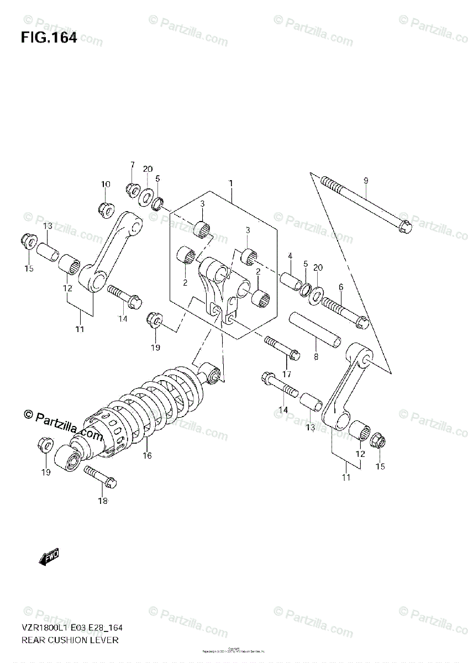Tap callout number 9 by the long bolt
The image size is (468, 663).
[365, 181]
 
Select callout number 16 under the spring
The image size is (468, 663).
[147, 455]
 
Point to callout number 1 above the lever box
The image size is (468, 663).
[231, 183]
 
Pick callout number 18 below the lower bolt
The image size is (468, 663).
[103, 501]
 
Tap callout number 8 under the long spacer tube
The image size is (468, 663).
[316, 357]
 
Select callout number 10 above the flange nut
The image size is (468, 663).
[106, 184]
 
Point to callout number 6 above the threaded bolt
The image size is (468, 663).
[341, 287]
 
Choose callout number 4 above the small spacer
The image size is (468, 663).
[289, 256]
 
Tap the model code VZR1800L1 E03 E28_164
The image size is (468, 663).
[71, 628]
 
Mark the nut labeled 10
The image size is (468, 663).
[106, 208]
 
